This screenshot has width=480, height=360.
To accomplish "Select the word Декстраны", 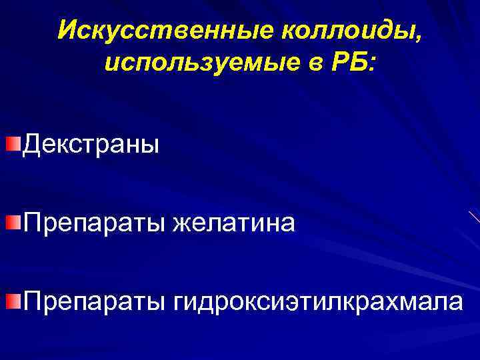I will click(x=91, y=145).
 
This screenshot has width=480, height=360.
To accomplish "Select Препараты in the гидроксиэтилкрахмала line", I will click(x=94, y=302).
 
